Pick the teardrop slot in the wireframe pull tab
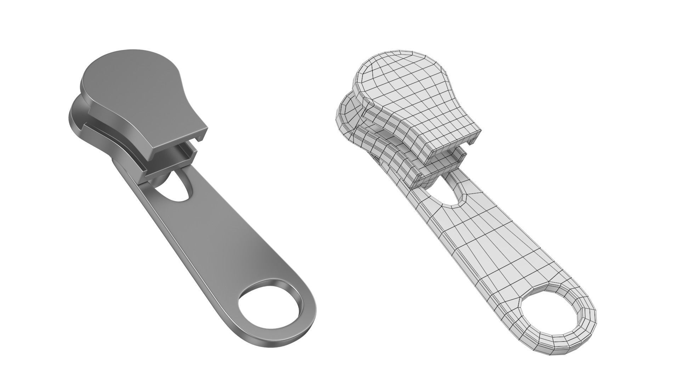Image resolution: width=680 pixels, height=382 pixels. (452, 193)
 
